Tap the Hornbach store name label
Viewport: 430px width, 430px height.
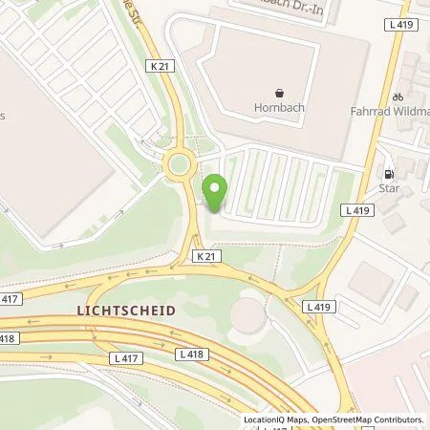[x=280, y=107]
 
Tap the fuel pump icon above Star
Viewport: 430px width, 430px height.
[x=389, y=175]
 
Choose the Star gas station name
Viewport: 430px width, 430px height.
[x=389, y=189]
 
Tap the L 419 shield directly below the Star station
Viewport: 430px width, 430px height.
[x=357, y=210]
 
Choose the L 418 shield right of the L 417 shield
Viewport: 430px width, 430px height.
[x=192, y=354]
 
